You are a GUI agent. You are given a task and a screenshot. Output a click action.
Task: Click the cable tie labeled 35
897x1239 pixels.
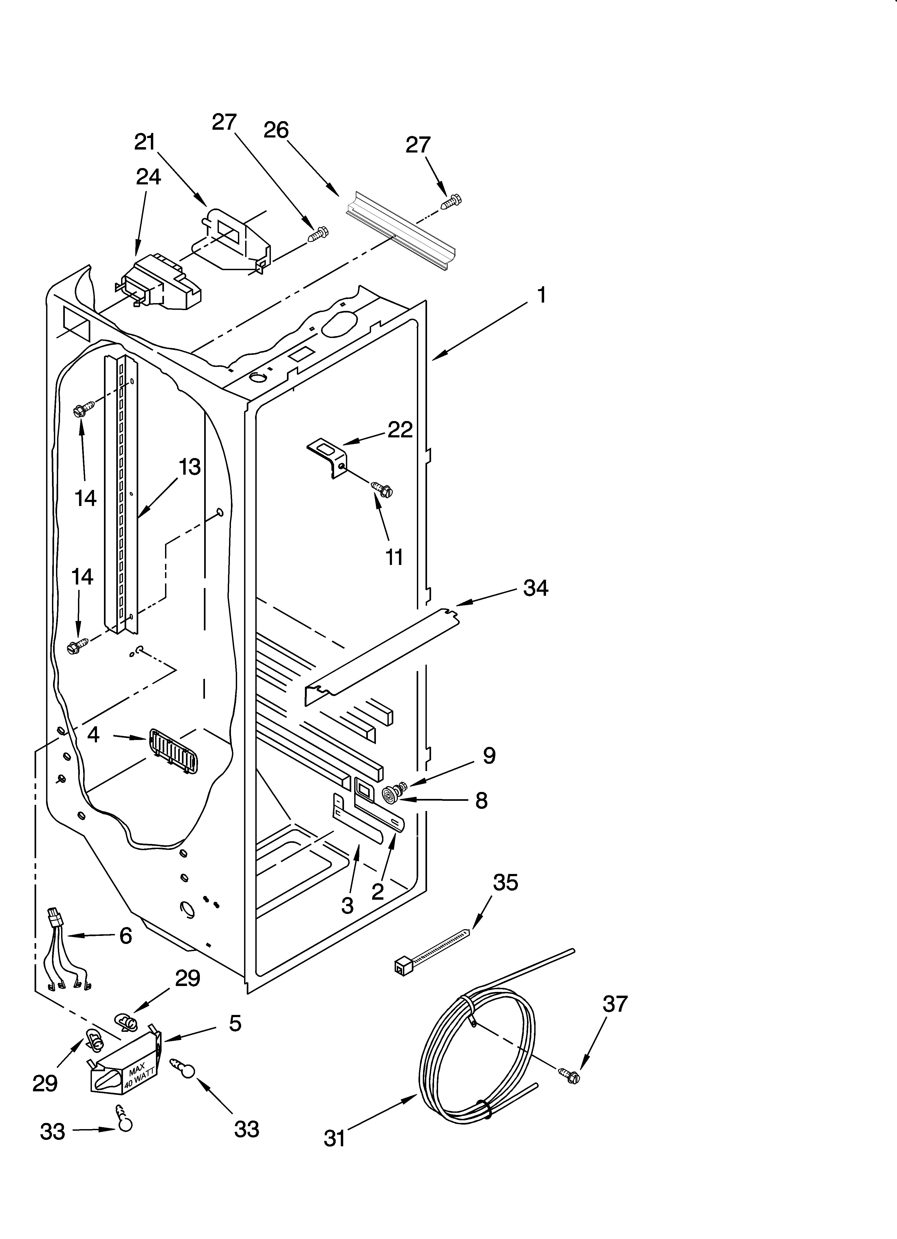[x=432, y=953]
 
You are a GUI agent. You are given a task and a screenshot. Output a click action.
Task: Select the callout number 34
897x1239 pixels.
[x=535, y=588]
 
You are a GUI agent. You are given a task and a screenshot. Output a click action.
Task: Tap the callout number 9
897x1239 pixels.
[x=489, y=756]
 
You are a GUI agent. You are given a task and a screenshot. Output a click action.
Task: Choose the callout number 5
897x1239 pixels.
[x=235, y=1023]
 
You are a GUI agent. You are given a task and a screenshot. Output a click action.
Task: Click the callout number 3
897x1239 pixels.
[x=347, y=906]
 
